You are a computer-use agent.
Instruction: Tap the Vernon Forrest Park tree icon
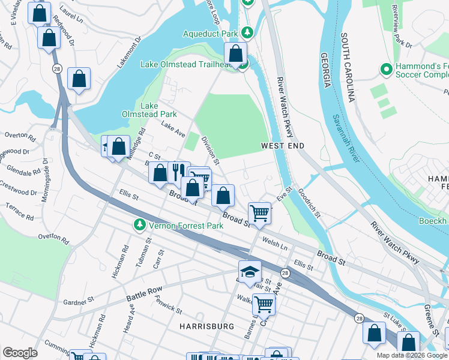pos(139,225)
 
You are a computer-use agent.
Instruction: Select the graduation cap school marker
pos(250,272)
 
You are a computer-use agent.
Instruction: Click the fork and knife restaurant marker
pos(177,172)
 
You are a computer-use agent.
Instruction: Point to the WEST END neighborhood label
pos(283,146)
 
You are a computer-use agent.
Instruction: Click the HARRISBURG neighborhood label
pos(206,326)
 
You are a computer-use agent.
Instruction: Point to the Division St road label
pos(209,149)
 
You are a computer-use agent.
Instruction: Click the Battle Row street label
pos(144,293)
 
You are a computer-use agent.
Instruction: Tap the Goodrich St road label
pos(310,204)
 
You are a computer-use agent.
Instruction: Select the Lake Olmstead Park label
pos(158,109)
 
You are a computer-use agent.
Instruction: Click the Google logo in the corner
pos(20,352)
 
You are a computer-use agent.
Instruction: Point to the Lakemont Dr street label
pos(128,53)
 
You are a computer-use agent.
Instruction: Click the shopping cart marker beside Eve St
pos(259,212)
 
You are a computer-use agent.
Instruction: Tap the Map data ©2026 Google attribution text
pos(411,355)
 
